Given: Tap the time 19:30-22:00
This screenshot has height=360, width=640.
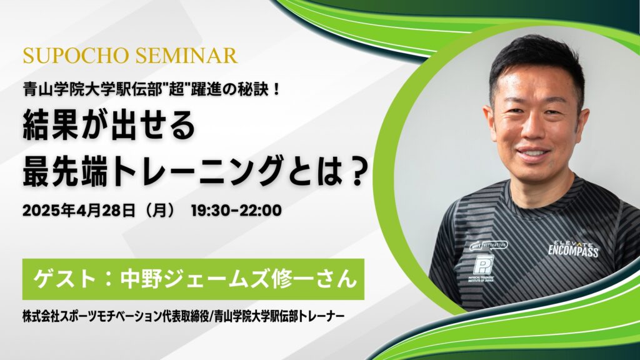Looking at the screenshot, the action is (236, 211).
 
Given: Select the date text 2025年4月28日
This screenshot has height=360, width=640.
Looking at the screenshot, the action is (78, 211).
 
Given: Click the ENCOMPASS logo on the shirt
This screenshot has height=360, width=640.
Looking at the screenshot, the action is (573, 250).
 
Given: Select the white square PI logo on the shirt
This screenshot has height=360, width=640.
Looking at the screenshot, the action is (483, 264).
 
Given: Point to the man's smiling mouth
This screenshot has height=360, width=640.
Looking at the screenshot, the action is (532, 153).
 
